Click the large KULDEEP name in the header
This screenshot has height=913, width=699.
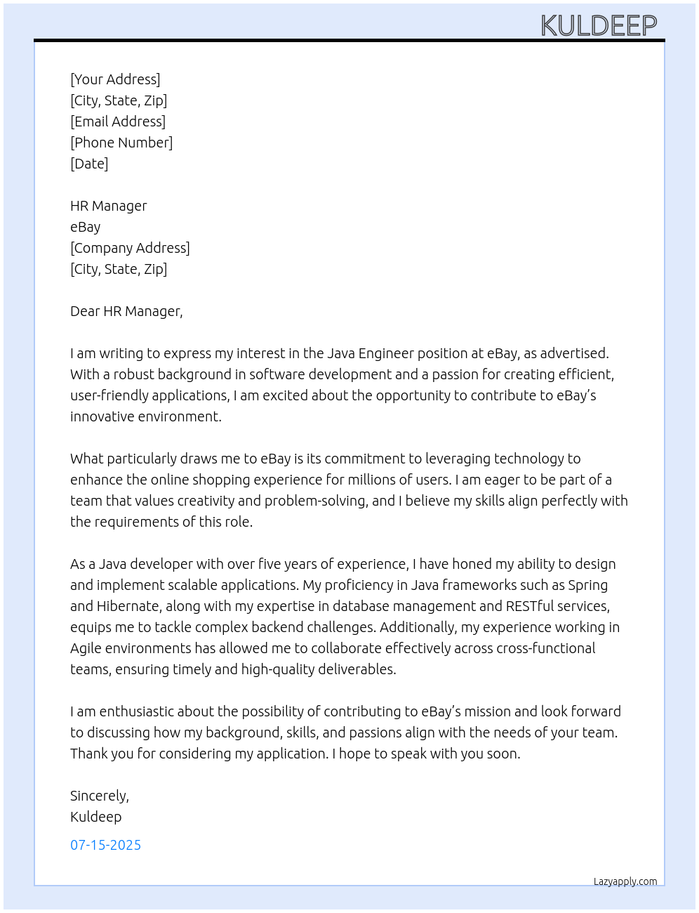pos(599,26)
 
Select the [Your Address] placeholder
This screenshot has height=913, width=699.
pos(115,79)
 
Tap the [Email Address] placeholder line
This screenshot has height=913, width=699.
pos(118,121)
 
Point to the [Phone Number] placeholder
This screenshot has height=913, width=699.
pos(121,143)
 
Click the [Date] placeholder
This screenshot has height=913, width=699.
pos(89,164)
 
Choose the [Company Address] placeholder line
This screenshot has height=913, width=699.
pos(130,248)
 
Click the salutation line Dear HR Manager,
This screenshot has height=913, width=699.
pos(126,311)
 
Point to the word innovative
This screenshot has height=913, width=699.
pos(102,416)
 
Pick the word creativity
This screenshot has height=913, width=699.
pos(206,501)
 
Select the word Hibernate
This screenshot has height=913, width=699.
pos(127,606)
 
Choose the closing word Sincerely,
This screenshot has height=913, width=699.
pos(100,796)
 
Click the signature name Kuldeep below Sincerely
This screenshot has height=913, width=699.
pos(96,817)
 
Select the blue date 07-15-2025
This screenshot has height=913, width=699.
pos(105,845)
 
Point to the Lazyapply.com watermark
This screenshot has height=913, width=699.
pos(625,881)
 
